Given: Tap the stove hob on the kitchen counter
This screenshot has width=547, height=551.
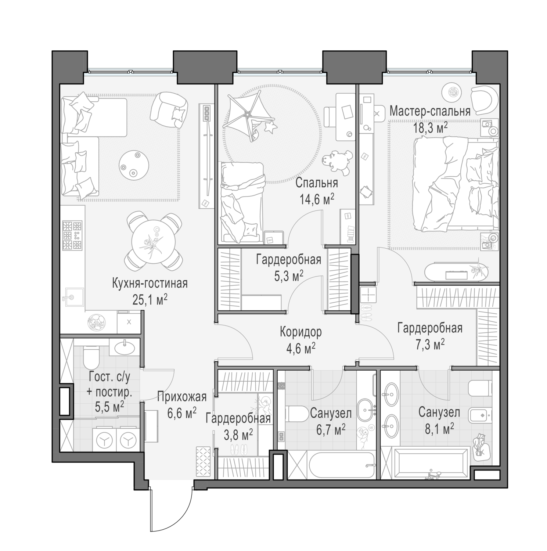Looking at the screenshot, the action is click(72, 235).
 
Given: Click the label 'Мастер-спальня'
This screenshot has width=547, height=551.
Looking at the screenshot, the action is click(430, 111).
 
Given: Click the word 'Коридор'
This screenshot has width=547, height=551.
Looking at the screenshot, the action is click(301, 332).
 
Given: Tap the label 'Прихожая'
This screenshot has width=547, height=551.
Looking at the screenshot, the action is click(182, 397).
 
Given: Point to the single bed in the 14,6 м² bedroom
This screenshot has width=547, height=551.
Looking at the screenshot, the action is click(242, 203).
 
